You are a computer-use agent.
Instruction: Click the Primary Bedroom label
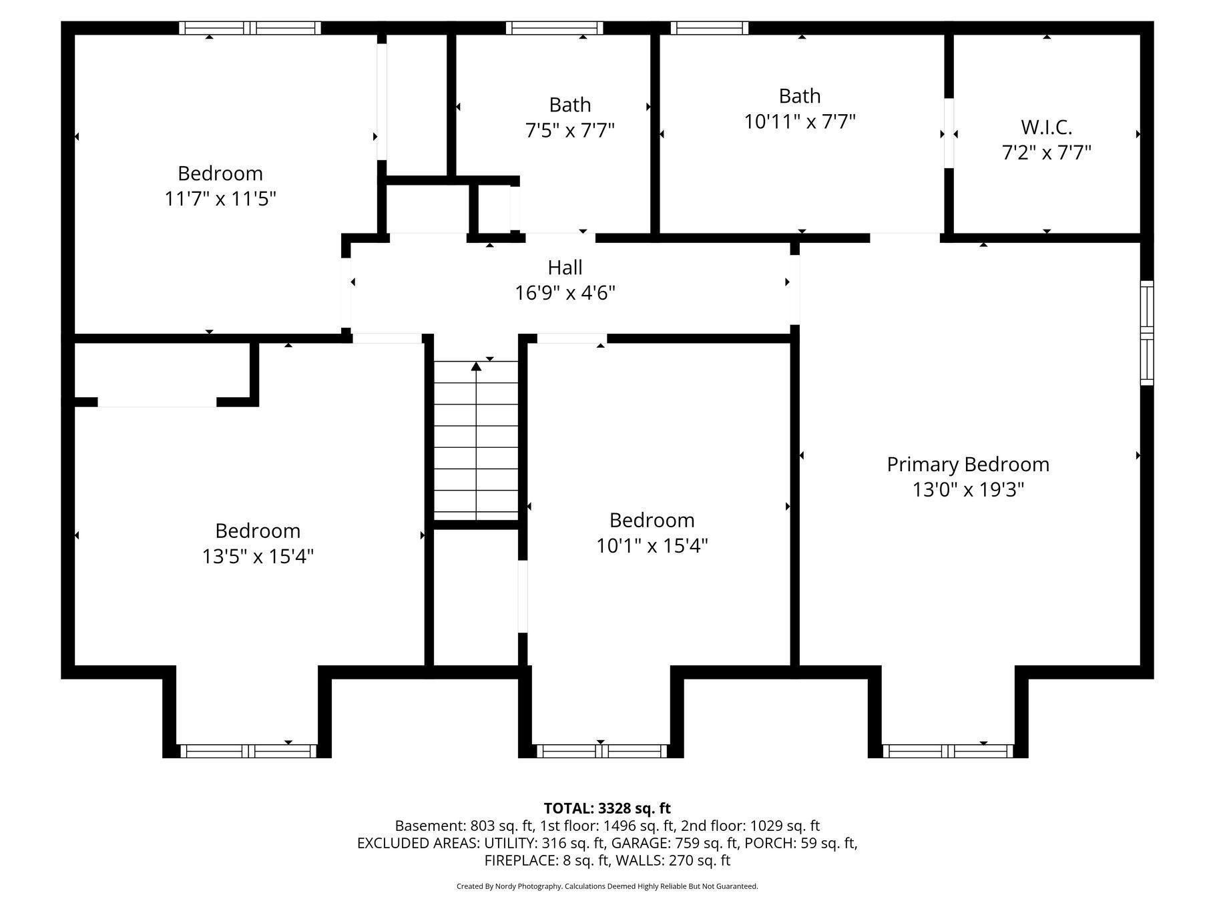tap(967, 465)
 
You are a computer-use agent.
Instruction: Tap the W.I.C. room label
tap(1046, 127)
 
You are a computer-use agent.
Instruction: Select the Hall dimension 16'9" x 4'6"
tap(565, 293)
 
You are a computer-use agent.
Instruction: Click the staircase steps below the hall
tap(476, 440)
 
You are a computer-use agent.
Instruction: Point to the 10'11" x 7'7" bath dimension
tap(800, 121)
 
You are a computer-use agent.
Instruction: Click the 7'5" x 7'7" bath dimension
tap(569, 130)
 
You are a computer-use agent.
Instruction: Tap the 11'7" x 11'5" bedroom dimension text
tap(220, 199)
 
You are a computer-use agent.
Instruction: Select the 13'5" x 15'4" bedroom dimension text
tap(258, 557)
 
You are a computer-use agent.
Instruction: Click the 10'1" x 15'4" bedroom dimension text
tap(652, 546)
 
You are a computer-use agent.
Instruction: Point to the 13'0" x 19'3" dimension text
tap(967, 490)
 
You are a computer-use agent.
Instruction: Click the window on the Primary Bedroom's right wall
tap(1146, 333)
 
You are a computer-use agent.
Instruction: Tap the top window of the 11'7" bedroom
tap(250, 28)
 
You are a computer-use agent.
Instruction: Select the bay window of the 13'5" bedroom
tap(248, 751)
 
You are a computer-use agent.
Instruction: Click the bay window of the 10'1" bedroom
tap(601, 751)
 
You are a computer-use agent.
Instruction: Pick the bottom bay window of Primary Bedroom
tap(947, 751)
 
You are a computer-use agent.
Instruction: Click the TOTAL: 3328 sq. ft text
tap(607, 808)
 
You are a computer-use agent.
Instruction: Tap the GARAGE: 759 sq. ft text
tap(675, 843)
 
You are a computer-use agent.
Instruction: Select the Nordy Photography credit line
tap(607, 886)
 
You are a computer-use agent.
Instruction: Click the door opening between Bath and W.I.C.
tap(948, 133)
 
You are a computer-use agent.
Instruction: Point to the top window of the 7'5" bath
tap(554, 28)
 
